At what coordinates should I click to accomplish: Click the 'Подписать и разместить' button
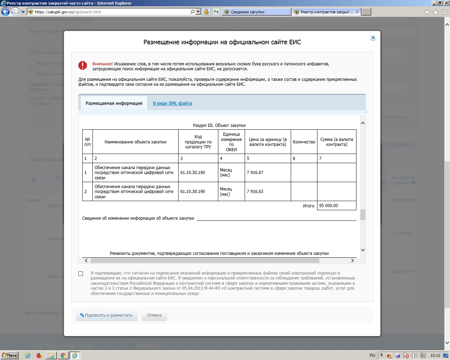point(106,315)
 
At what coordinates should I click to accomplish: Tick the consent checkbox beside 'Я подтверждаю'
point(81,274)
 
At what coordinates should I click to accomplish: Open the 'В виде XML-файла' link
point(173,103)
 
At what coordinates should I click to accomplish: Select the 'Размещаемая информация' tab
point(114,103)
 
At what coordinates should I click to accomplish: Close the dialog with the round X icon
point(373,38)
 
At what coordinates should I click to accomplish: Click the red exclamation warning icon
point(83,65)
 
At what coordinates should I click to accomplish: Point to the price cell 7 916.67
point(255,173)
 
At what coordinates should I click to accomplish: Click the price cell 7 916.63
point(255,192)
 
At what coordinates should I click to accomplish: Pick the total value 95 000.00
point(329,206)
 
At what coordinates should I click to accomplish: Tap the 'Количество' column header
point(304,142)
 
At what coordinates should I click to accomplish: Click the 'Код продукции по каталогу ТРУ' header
point(198,142)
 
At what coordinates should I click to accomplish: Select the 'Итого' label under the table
point(309,206)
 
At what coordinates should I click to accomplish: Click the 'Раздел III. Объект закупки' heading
point(219,126)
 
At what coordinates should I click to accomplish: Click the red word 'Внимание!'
point(102,64)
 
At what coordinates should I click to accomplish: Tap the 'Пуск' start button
point(9,355)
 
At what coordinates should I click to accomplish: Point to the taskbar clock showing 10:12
point(435,355)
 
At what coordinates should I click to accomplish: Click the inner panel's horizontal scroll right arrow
point(352,261)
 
